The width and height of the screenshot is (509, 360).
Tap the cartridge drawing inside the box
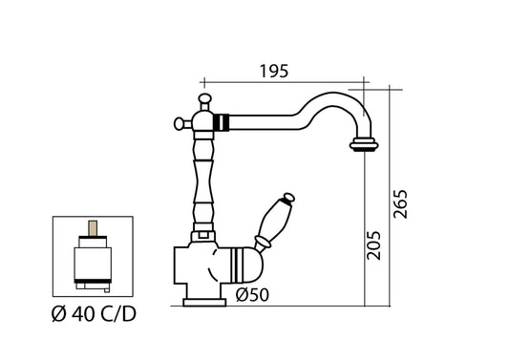92,258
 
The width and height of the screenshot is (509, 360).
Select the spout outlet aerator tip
363,146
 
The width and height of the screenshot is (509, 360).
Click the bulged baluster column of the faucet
202,181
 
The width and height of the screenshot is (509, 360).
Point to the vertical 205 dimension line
363,229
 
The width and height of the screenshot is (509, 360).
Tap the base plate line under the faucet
205,304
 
